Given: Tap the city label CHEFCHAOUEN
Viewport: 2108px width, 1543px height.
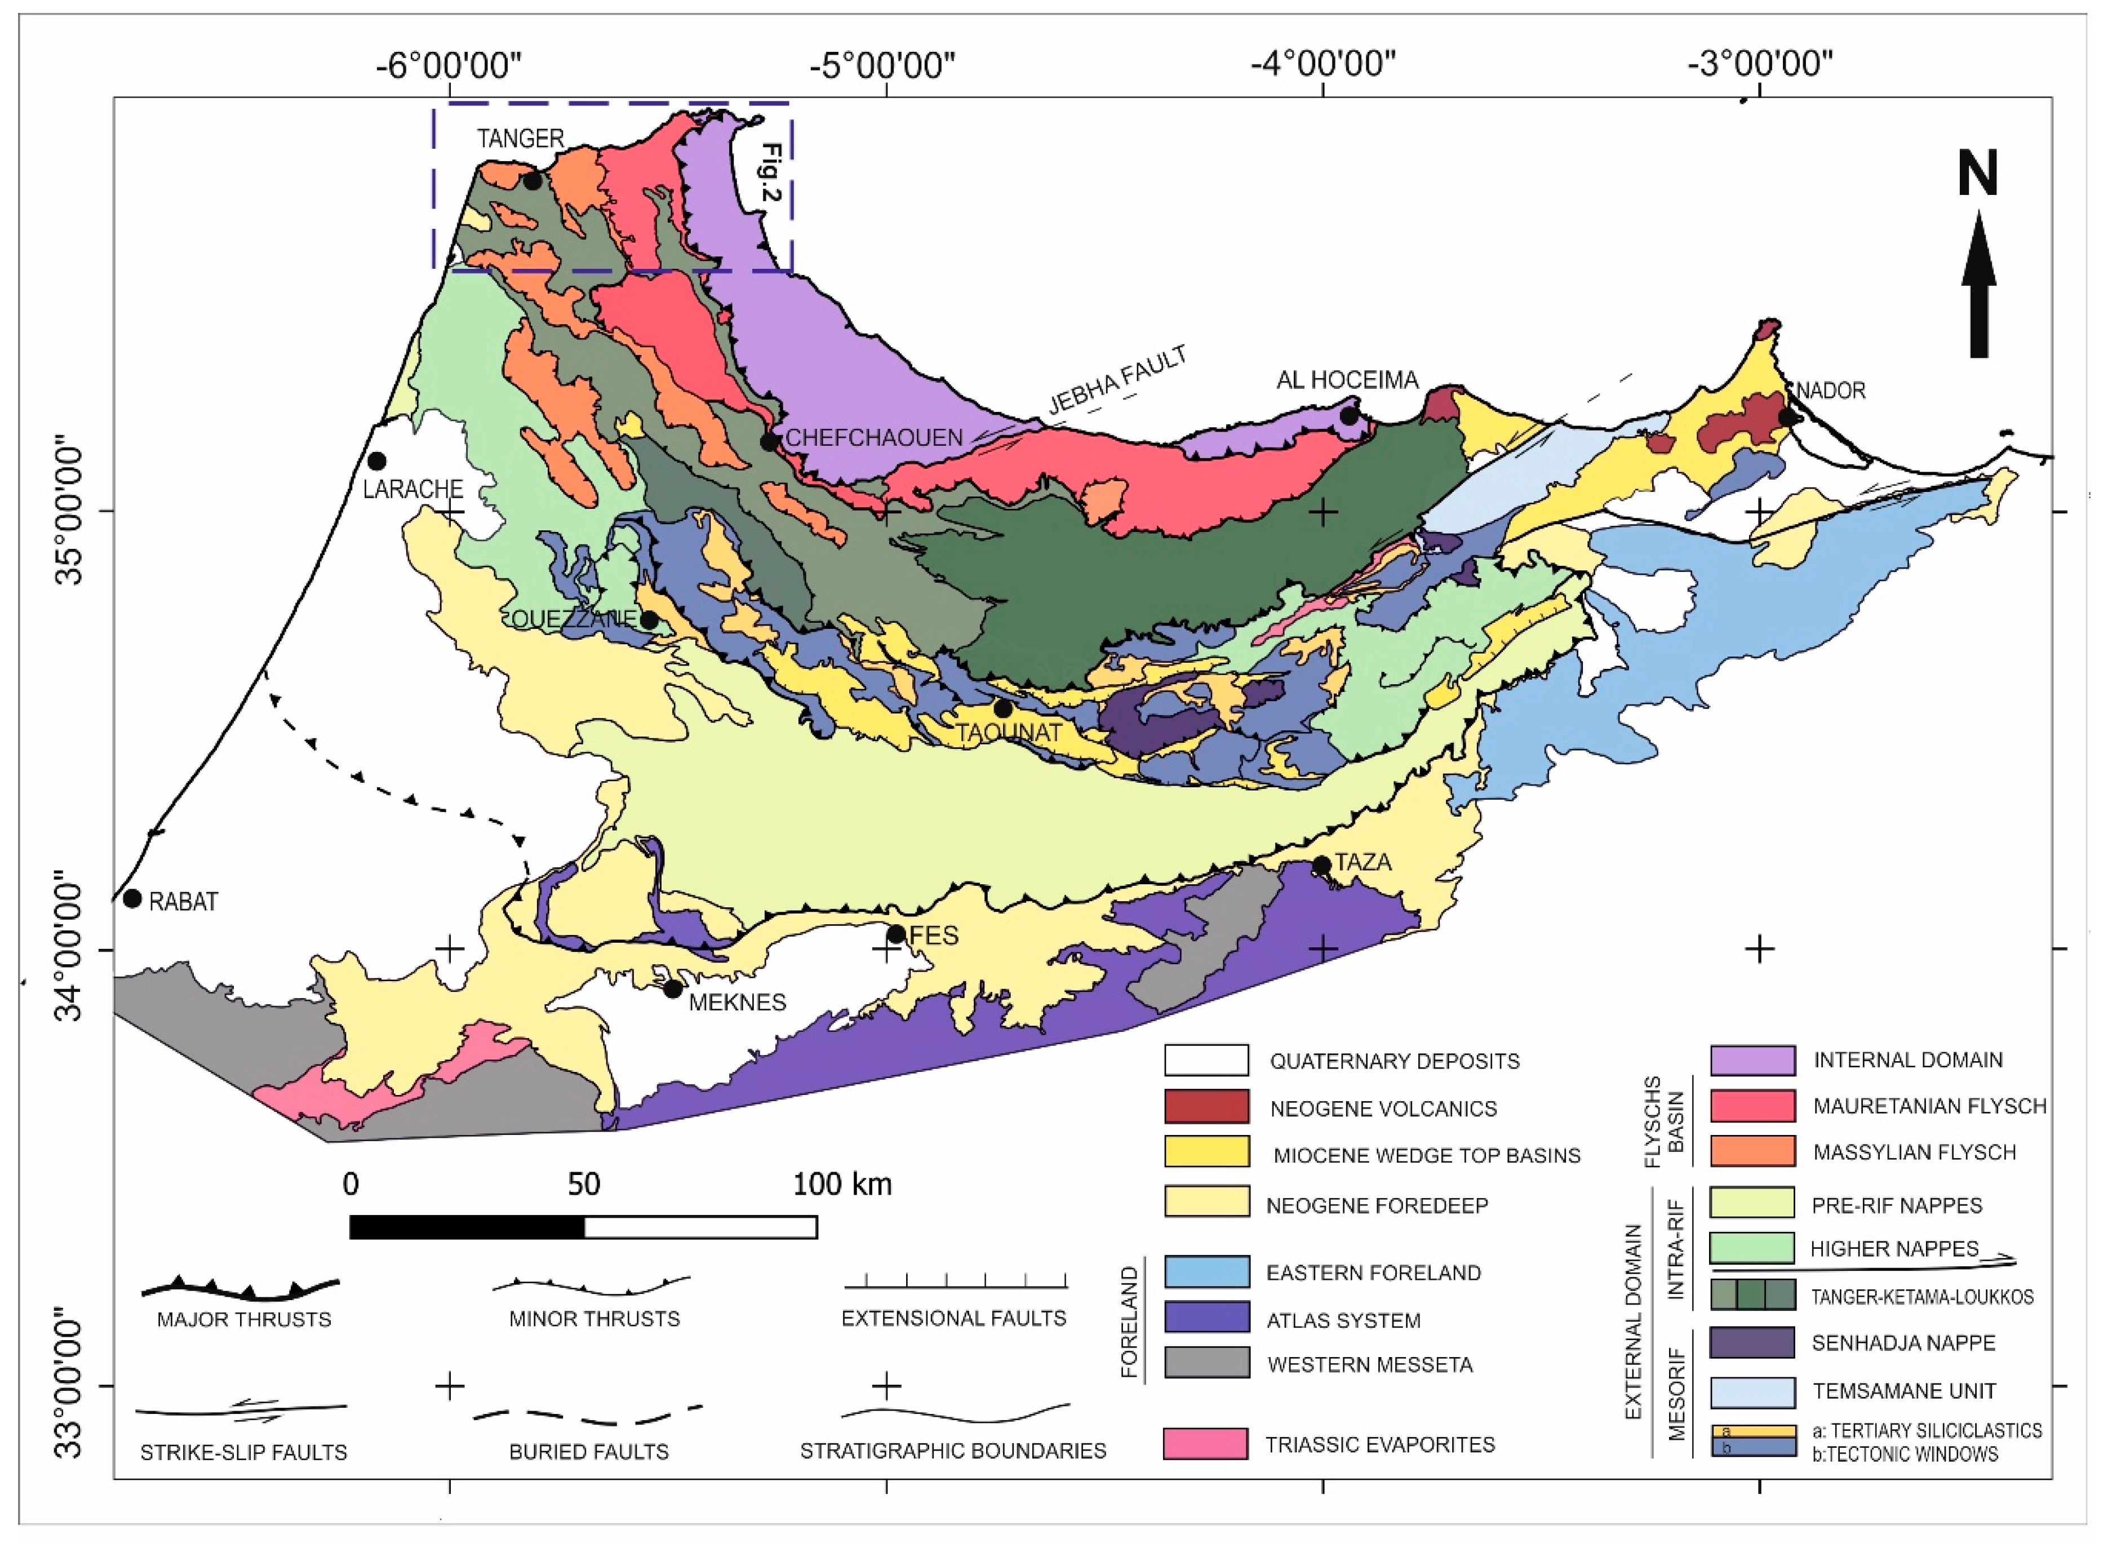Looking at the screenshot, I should tap(873, 438).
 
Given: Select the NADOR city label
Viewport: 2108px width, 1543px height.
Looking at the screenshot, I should tap(1831, 391).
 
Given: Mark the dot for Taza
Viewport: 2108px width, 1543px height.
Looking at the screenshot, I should tap(1321, 866).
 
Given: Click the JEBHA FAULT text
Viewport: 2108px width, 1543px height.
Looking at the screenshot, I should tap(1117, 381).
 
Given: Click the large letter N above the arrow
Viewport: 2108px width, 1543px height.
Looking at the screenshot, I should tap(1977, 175).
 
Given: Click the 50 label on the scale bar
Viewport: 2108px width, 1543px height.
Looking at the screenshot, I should tap(584, 1185).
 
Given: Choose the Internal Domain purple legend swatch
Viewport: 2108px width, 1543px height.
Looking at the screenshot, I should tap(1752, 1060).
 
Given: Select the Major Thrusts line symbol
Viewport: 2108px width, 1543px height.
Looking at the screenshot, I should tap(241, 1289).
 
